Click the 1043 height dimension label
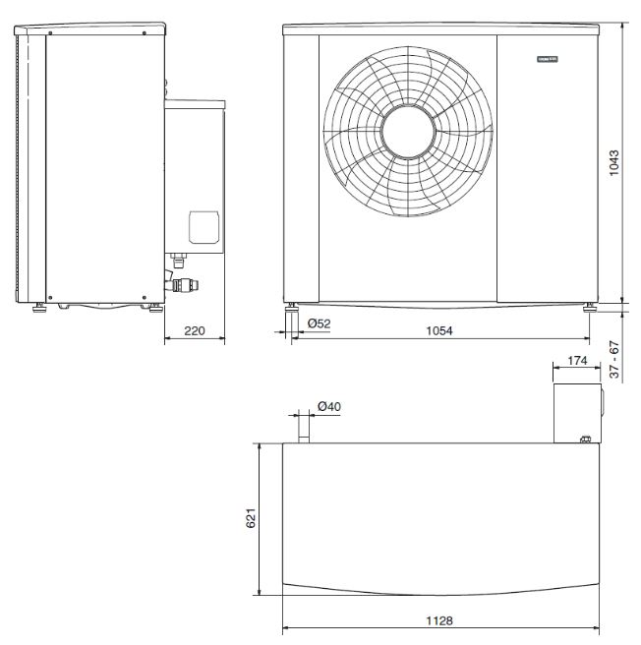(613, 162)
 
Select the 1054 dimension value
(438, 330)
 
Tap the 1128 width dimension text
(438, 621)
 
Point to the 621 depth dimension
(251, 518)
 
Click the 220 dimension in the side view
(195, 331)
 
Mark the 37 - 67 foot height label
(613, 360)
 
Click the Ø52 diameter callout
(318, 323)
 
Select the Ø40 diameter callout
(329, 406)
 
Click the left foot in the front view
(292, 317)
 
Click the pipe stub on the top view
(304, 429)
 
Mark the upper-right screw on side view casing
(145, 33)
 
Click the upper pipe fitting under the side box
(179, 262)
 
